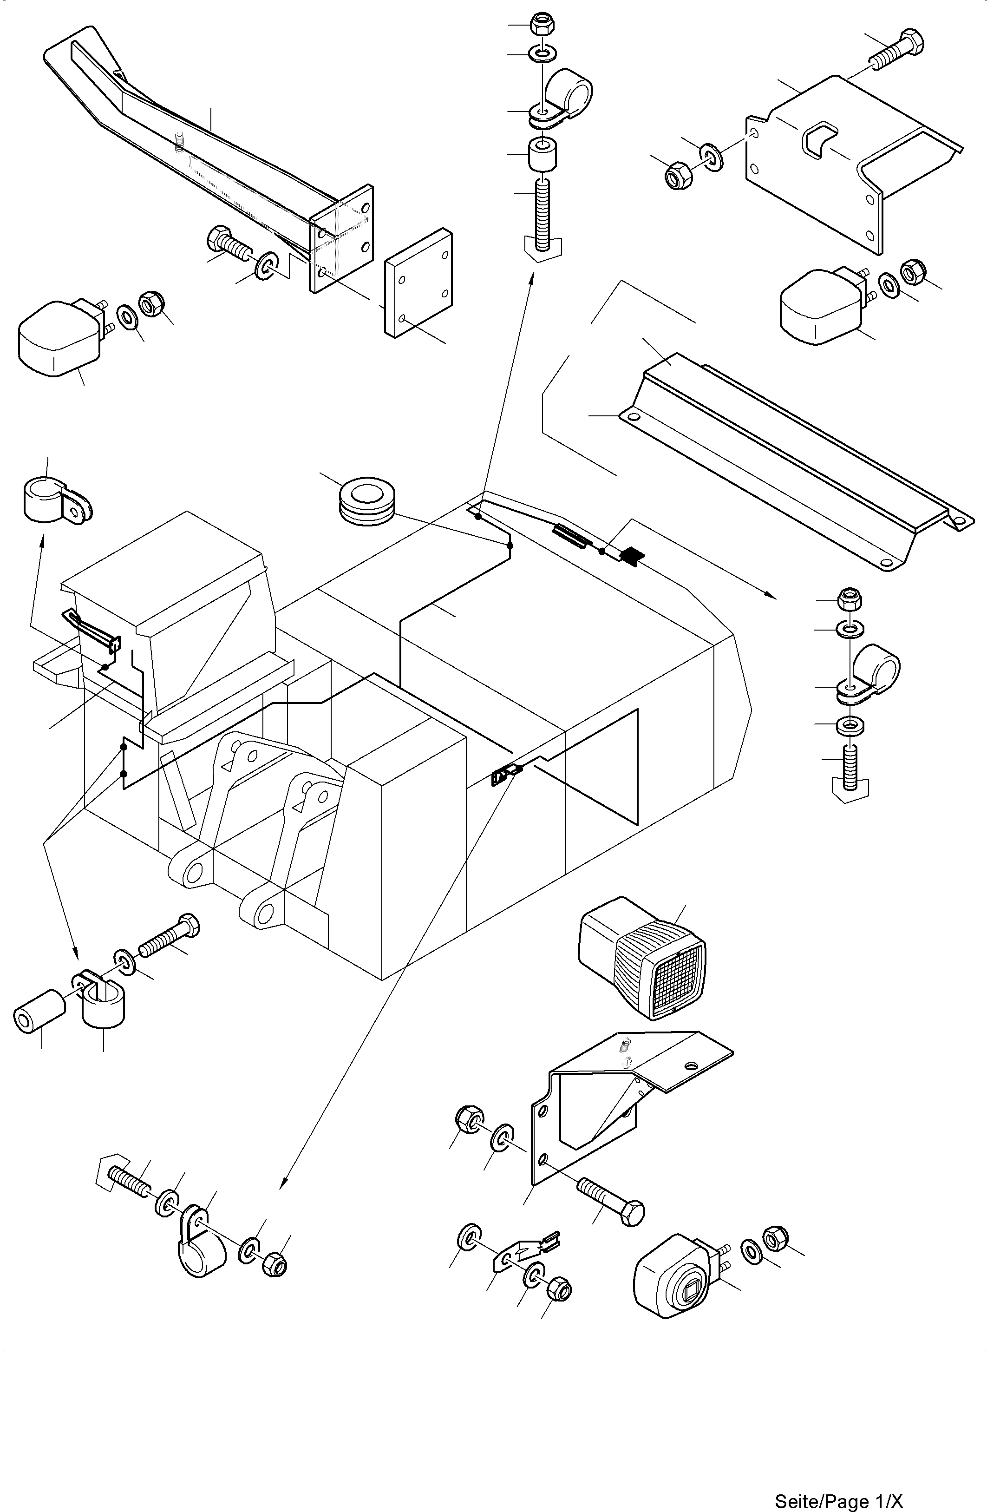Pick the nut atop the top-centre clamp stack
(x=543, y=24)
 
